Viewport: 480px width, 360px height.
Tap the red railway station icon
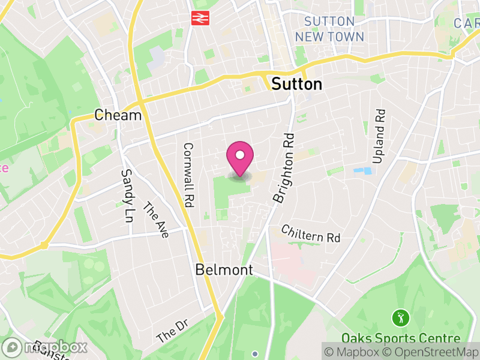(x=199, y=18)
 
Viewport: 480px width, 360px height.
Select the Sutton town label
(x=296, y=85)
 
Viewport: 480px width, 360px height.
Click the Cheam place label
(x=118, y=115)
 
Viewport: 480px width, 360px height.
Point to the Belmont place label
(x=224, y=270)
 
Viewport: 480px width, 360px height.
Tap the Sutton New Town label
(x=329, y=29)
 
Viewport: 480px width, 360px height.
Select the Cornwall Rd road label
(x=188, y=175)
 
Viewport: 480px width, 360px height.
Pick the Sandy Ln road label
(x=127, y=188)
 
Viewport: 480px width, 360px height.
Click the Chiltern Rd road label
(x=311, y=234)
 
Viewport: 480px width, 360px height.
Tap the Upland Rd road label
(x=379, y=136)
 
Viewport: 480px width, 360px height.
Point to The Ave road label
(x=156, y=220)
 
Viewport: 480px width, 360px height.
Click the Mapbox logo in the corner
(x=45, y=347)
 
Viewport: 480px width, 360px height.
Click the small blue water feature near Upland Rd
(x=362, y=171)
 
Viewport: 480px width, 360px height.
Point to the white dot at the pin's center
(x=240, y=155)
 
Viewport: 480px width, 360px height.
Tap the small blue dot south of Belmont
(x=255, y=353)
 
